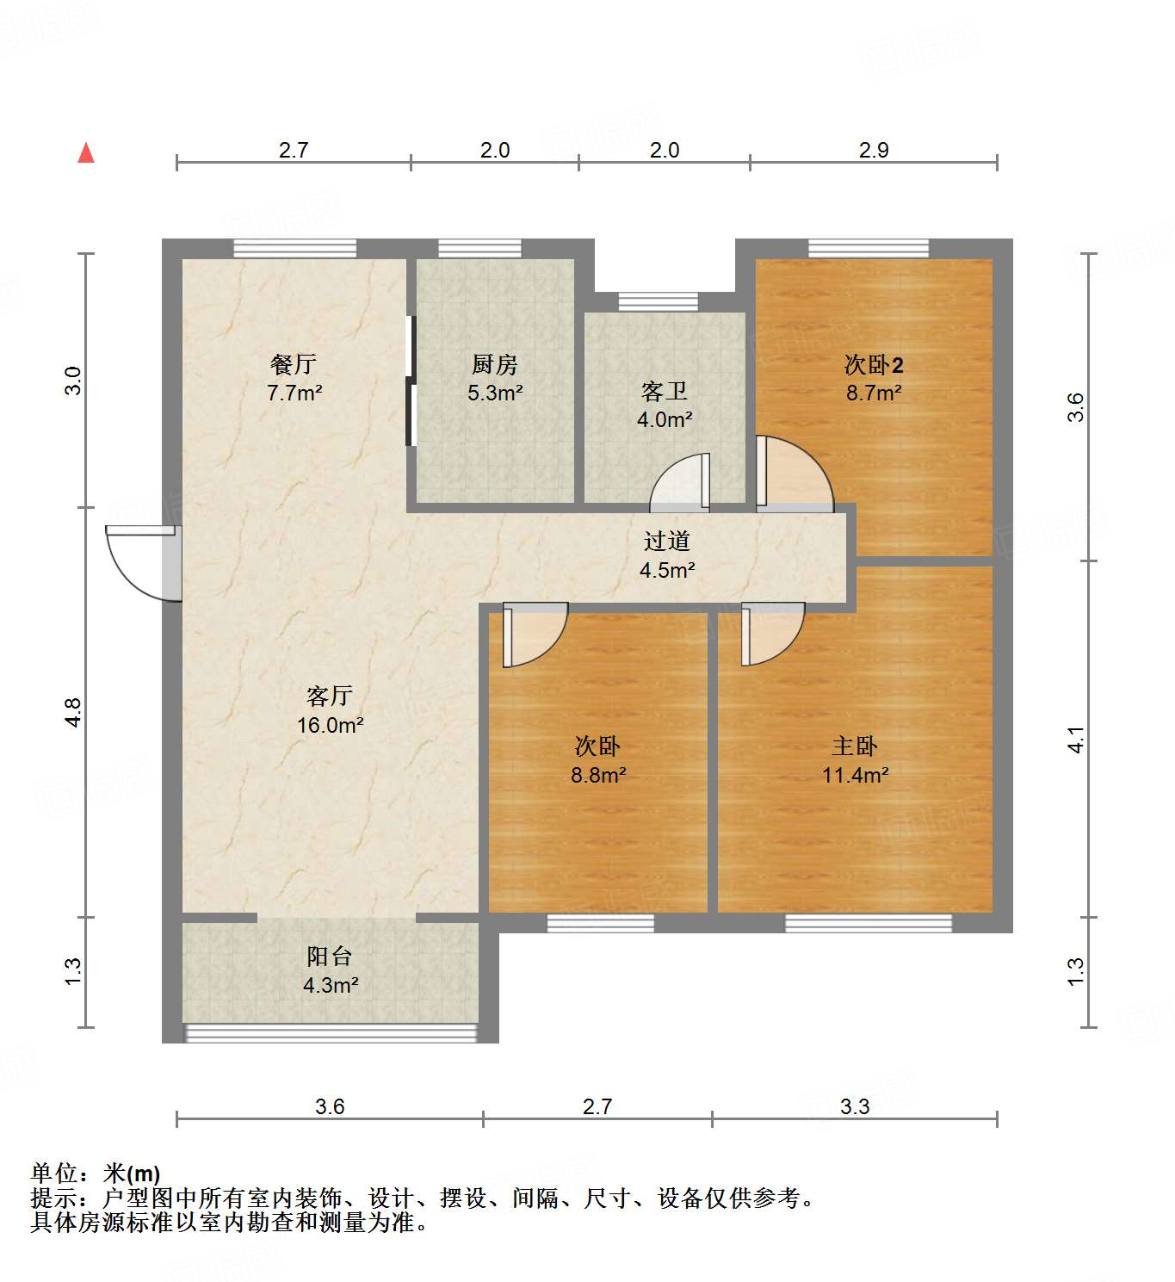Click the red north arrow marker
tap(86, 152)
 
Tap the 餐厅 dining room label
tap(294, 364)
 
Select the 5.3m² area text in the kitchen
tap(495, 393)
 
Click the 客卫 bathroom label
tap(665, 392)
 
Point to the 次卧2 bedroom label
tap(873, 365)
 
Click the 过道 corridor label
tap(667, 542)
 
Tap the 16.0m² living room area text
tap(330, 725)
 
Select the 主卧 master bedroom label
tap(855, 746)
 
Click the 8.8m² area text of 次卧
tap(598, 775)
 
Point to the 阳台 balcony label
tap(330, 957)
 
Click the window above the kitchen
tap(479, 249)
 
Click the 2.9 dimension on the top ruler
tap(874, 150)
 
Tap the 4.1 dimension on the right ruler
tap(1076, 740)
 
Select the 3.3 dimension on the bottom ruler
tap(855, 1106)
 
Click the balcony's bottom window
tap(331, 1032)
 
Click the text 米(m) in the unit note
tap(132, 1174)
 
